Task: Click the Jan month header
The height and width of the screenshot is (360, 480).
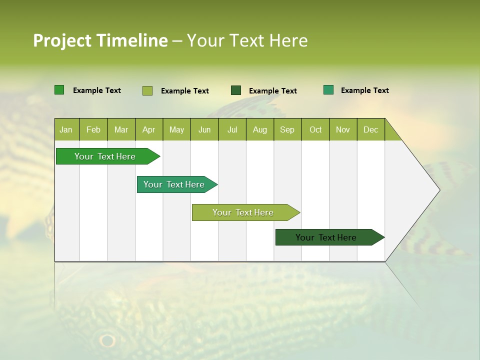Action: point(66,129)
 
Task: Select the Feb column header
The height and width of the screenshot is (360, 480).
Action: point(93,129)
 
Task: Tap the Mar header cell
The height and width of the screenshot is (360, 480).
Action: point(121,129)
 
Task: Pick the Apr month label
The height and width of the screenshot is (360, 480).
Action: point(149,129)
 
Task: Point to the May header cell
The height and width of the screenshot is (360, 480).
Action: point(176,129)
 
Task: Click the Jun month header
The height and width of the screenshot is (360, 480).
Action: point(204,129)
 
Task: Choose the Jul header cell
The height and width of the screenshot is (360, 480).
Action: point(232,129)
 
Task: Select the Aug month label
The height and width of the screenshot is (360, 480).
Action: point(260,129)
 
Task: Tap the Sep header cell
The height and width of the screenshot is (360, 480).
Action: point(287,129)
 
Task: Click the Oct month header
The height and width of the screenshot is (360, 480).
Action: point(315,129)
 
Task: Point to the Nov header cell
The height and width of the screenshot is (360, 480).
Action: point(343,129)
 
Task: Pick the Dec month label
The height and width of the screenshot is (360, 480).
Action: point(371,129)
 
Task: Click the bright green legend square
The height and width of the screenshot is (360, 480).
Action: point(59,90)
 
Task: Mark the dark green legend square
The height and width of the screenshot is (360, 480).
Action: point(236,90)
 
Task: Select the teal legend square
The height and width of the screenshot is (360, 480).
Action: point(328,90)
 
